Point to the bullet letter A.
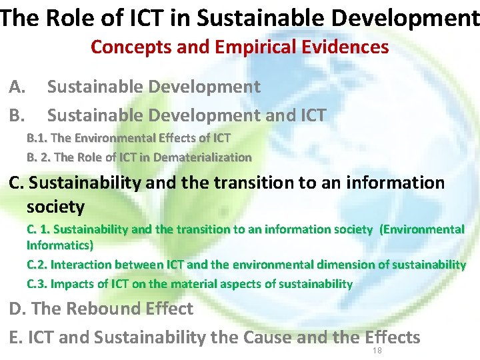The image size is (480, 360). (x=17, y=87)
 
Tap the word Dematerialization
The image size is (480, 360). (x=205, y=157)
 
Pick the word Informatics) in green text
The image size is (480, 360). (x=60, y=245)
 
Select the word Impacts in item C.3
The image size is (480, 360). (x=72, y=284)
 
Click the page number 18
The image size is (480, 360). (x=377, y=350)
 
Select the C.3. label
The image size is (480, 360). (x=37, y=284)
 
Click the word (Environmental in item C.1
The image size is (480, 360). (x=421, y=229)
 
